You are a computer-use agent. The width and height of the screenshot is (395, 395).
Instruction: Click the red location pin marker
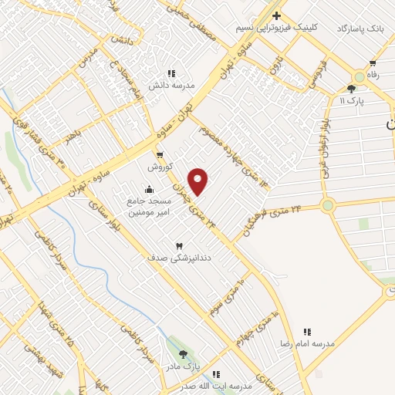pos(198,181)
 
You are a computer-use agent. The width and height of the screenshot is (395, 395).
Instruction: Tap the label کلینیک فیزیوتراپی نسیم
pos(277,27)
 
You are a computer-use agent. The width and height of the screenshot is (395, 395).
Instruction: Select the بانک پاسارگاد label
pos(359,28)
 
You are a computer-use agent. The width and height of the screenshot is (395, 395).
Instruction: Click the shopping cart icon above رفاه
pos(373,63)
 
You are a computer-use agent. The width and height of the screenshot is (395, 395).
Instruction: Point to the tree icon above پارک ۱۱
pos(351,89)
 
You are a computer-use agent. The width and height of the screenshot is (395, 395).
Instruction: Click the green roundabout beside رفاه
pos(360,77)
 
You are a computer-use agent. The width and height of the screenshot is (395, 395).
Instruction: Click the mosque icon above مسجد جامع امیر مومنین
pos(148,190)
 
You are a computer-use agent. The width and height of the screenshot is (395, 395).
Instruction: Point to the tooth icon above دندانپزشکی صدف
pos(180,245)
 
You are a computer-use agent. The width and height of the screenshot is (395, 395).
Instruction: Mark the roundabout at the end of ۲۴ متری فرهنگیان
pos(329,205)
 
